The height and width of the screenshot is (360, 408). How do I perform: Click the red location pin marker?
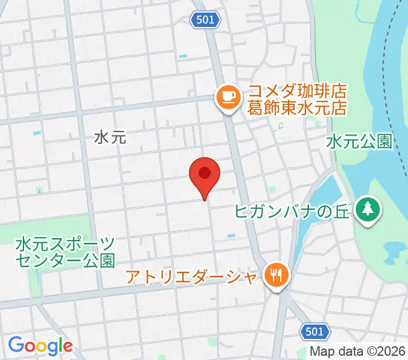point(205,175)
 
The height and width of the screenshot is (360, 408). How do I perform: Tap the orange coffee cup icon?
point(227,96)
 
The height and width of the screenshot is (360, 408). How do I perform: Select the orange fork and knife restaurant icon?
point(277,275)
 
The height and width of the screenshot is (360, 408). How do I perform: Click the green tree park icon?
point(367,209)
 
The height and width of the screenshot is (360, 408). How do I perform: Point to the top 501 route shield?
point(205,20)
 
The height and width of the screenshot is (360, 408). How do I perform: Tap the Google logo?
point(40,345)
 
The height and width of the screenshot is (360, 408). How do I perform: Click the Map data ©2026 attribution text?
point(358,352)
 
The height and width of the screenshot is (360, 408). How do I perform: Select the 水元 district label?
point(110,137)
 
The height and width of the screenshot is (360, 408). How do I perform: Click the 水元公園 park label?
point(359,142)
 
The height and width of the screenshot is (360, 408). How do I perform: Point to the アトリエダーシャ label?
point(193,277)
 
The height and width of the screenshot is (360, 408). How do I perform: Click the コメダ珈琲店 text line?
point(298,92)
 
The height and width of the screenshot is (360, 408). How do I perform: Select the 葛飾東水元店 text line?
point(298,109)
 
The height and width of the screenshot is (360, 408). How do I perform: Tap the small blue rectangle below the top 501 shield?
point(183,56)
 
